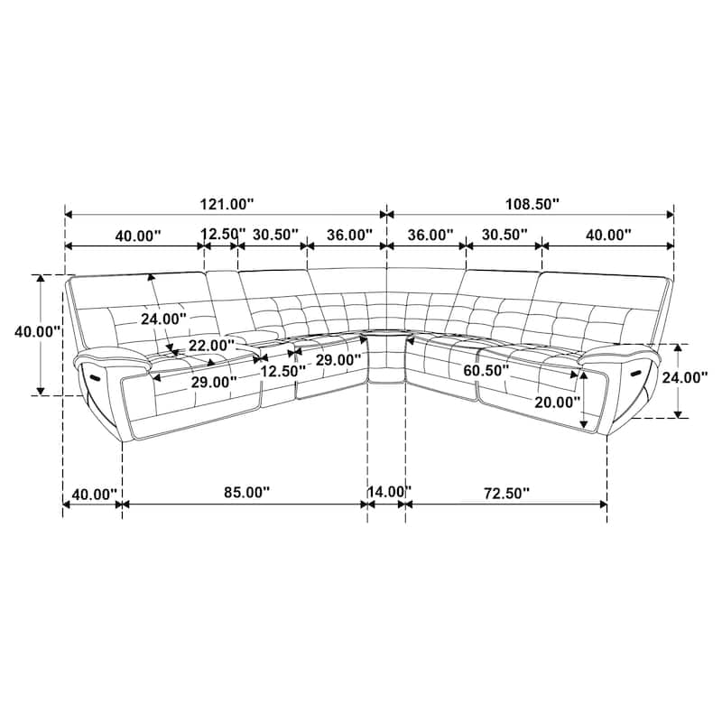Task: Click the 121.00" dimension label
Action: (227, 204)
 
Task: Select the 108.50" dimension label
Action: (532, 204)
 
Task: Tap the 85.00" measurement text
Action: (246, 493)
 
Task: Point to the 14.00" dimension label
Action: (389, 492)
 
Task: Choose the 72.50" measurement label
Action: (506, 493)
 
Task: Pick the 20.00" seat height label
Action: (557, 403)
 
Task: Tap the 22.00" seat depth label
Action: (211, 345)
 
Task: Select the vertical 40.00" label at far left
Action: (38, 331)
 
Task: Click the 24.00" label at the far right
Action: (685, 377)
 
